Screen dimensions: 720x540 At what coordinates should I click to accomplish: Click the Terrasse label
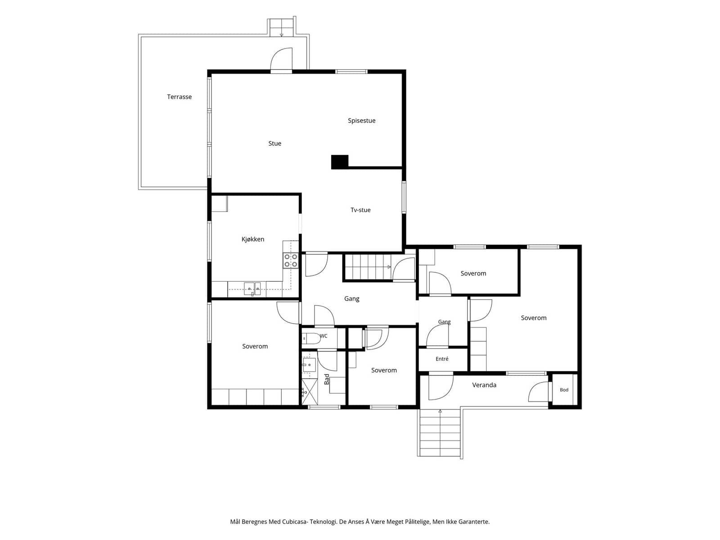tap(179, 97)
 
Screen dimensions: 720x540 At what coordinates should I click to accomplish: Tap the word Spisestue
tap(361, 121)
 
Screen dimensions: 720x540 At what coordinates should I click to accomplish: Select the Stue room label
tap(274, 143)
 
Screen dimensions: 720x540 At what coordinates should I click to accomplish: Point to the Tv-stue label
tap(360, 210)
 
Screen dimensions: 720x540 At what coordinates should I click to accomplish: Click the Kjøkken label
tap(252, 239)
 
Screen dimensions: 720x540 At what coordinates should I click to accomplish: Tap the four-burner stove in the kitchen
tap(291, 261)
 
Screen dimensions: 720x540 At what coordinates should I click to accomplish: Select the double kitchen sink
tap(252, 289)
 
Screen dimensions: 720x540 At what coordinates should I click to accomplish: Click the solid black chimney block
tap(339, 162)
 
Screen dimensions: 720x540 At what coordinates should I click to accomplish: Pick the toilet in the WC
tap(311, 338)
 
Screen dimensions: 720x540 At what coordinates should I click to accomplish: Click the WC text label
tap(324, 336)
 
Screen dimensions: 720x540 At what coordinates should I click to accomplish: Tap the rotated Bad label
tap(327, 379)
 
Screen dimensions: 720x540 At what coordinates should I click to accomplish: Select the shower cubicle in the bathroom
tap(310, 391)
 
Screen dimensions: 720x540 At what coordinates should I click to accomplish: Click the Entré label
tap(442, 359)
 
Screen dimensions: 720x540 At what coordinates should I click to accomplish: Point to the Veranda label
tap(484, 385)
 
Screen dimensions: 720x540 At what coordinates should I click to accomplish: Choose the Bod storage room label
tap(564, 390)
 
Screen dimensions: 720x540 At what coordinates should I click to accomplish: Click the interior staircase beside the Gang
tap(368, 267)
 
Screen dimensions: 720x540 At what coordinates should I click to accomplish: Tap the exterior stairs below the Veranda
tap(440, 432)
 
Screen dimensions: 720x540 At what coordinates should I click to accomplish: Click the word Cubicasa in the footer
tap(295, 522)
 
